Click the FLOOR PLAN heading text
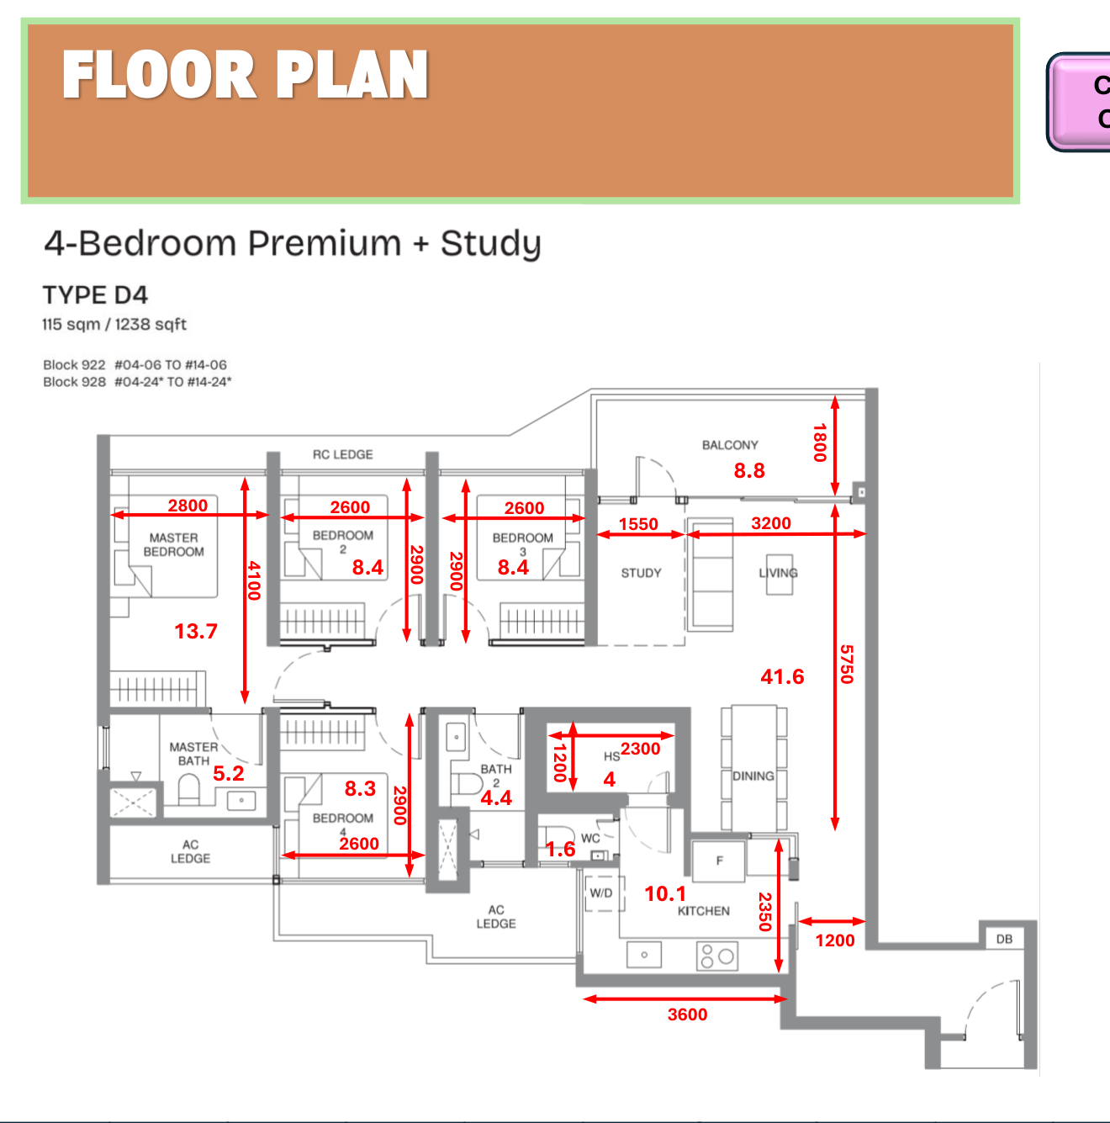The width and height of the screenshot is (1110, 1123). pyautogui.click(x=245, y=75)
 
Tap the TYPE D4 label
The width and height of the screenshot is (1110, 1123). pyautogui.click(x=95, y=295)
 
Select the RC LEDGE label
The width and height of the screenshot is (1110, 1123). pyautogui.click(x=342, y=454)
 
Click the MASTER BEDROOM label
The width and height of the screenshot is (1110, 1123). pyautogui.click(x=174, y=544)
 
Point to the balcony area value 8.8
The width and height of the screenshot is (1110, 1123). pyautogui.click(x=749, y=470)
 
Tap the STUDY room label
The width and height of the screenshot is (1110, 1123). pyautogui.click(x=641, y=573)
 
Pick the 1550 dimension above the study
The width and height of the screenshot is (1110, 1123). pyautogui.click(x=638, y=524)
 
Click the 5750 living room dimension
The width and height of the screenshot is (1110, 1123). pyautogui.click(x=847, y=664)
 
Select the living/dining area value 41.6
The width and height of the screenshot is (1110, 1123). pyautogui.click(x=782, y=676)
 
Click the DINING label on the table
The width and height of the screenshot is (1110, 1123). pyautogui.click(x=753, y=776)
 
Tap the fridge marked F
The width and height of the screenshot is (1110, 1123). pyautogui.click(x=719, y=861)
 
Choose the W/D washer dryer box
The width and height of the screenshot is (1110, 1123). pyautogui.click(x=602, y=893)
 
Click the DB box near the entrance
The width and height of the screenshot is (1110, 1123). pyautogui.click(x=1004, y=939)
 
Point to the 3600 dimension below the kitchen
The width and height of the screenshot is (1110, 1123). pyautogui.click(x=687, y=1014)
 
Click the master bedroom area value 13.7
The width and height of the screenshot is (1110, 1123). pyautogui.click(x=196, y=631)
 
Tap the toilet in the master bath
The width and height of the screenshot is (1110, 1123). pyautogui.click(x=189, y=791)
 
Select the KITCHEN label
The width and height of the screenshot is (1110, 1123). pyautogui.click(x=704, y=911)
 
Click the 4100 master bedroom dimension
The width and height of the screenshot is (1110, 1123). pyautogui.click(x=254, y=580)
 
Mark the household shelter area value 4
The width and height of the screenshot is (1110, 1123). pyautogui.click(x=610, y=780)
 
